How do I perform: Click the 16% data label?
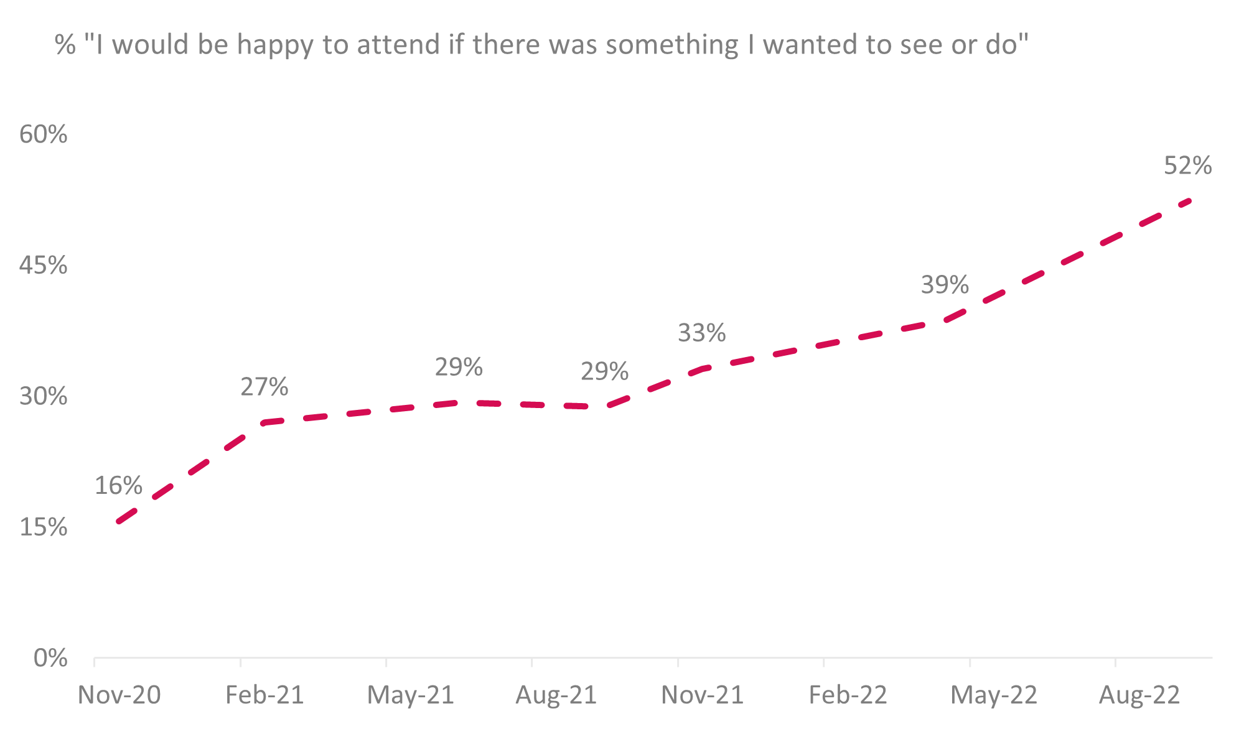point(118,486)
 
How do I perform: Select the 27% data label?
point(264,387)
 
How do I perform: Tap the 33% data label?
point(701,333)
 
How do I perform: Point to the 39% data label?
point(945,285)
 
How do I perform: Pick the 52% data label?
point(1187,165)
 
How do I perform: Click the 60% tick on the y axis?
point(43,134)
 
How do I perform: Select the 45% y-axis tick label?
point(43,265)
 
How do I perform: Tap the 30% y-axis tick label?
point(43,396)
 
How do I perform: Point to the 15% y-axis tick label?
point(43,527)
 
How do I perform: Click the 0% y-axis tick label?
point(50,658)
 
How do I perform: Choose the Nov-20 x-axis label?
point(119,695)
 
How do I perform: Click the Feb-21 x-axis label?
point(264,695)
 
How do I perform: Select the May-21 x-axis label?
point(411,695)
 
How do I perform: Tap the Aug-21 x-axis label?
point(556,695)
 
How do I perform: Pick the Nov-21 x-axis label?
point(702,695)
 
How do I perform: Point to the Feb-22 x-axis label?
point(848,695)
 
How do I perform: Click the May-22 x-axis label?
point(994,695)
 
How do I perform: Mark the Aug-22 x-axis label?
point(1139,695)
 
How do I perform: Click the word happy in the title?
point(274,45)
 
